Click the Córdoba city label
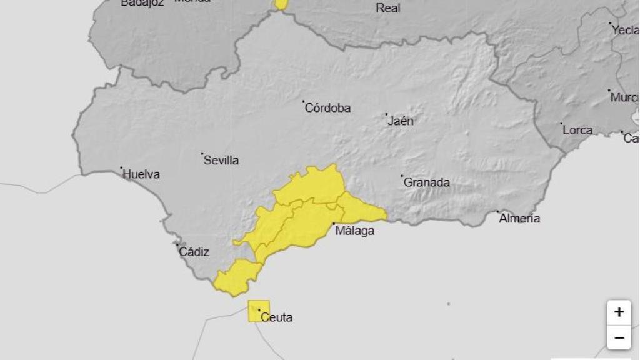(327, 108)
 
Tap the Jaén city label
(401, 121)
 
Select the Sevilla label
(221, 161)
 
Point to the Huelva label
(141, 174)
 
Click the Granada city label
(427, 183)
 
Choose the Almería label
(520, 219)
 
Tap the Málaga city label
(355, 231)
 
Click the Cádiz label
(194, 252)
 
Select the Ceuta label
(276, 317)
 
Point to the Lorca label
(577, 131)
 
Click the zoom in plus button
(619, 312)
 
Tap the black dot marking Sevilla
(202, 153)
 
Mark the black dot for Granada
(402, 176)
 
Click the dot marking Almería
(498, 212)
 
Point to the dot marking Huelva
(121, 167)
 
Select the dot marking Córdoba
(304, 101)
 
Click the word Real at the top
(388, 8)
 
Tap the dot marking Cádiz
(177, 245)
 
